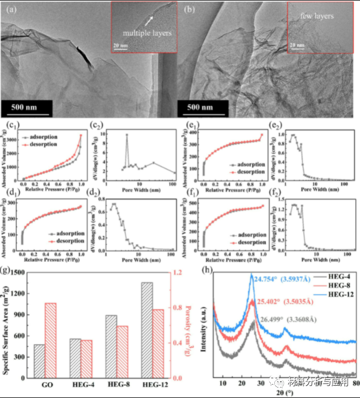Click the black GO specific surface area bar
click(39, 361)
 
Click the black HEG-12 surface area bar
click(147, 330)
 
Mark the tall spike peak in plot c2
click(126, 135)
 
